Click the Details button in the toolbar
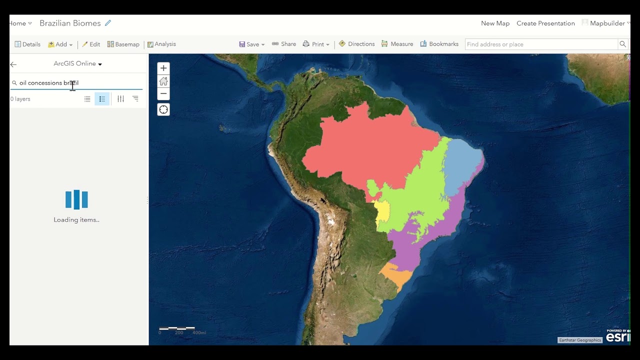27,44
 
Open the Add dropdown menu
60,44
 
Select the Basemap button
123,44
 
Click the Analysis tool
161,44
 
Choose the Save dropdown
252,44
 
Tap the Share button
284,44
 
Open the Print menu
316,44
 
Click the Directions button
356,44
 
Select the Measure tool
397,44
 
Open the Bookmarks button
439,44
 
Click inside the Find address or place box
541,44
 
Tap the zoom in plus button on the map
163,68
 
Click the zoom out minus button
163,93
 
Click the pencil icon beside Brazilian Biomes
108,23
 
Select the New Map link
495,23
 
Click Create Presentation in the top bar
545,23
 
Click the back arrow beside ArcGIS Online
13,64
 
